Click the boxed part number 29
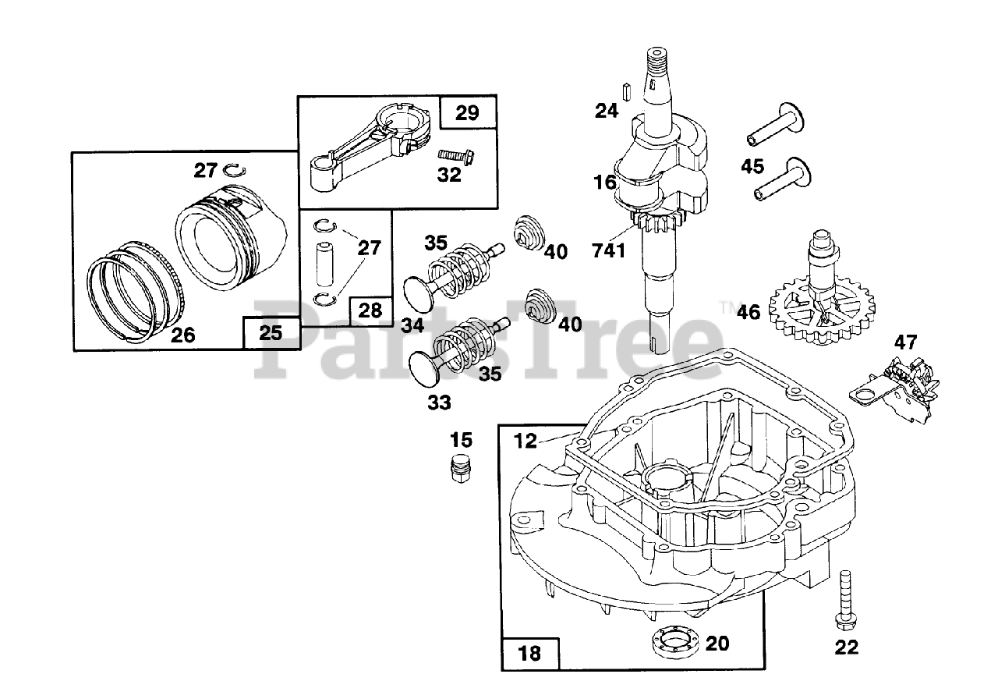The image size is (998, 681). click(x=467, y=112)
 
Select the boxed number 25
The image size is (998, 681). click(x=271, y=332)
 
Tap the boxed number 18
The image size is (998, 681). click(x=529, y=654)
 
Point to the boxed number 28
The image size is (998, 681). click(x=370, y=310)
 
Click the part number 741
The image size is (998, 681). click(x=609, y=251)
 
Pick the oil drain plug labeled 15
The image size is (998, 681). click(x=460, y=470)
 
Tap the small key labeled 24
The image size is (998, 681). click(x=625, y=92)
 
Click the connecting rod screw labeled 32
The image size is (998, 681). click(x=456, y=155)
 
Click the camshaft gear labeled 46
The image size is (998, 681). click(x=821, y=299)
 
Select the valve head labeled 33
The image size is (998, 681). click(x=425, y=369)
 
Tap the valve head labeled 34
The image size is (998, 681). click(x=419, y=294)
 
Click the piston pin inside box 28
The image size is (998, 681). click(x=325, y=264)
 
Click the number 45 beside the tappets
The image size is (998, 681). click(x=752, y=167)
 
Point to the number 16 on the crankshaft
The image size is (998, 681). click(x=604, y=183)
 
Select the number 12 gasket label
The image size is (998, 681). click(x=526, y=441)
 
